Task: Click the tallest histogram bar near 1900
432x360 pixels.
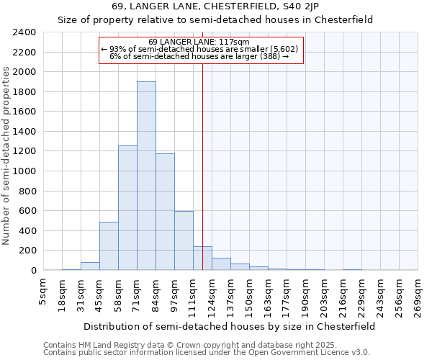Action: click(x=146, y=176)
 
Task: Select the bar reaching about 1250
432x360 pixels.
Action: click(x=127, y=208)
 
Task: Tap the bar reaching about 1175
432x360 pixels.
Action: click(x=165, y=212)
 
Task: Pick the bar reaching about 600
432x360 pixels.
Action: click(x=184, y=240)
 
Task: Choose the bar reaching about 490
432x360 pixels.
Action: click(x=109, y=246)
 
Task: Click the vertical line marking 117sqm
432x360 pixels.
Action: click(x=203, y=166)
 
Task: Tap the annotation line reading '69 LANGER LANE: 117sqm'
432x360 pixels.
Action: click(x=199, y=42)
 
